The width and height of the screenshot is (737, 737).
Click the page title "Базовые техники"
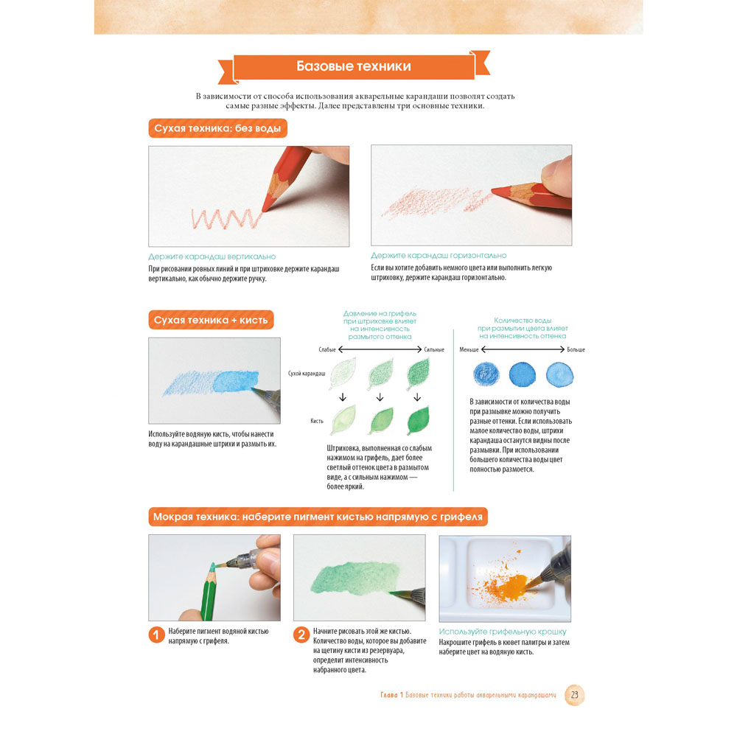[x=354, y=66]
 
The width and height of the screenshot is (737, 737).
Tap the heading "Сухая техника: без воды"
[x=217, y=128]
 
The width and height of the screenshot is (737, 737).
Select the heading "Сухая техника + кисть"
[x=211, y=320]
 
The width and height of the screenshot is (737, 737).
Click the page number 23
[x=574, y=695]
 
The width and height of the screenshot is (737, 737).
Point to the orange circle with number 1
[x=156, y=635]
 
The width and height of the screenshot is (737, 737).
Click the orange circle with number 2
[x=301, y=635]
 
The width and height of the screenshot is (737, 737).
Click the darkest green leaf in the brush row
[x=419, y=420]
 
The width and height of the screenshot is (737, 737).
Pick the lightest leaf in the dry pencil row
[x=343, y=373]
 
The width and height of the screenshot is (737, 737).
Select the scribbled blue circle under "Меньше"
[x=486, y=374]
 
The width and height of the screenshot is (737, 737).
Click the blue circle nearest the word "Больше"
[x=559, y=374]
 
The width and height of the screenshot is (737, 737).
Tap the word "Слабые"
[x=327, y=349]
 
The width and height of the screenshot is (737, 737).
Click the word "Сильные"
[x=434, y=349]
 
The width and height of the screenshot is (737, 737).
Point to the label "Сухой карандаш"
[x=307, y=374]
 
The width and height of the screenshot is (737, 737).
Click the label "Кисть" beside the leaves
[x=317, y=421]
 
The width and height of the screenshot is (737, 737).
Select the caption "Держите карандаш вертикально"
[x=212, y=256]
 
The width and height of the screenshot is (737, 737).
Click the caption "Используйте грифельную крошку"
[x=503, y=632]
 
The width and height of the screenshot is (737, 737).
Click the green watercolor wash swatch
[x=355, y=578]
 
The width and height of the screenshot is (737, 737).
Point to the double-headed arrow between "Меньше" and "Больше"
[x=523, y=349]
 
